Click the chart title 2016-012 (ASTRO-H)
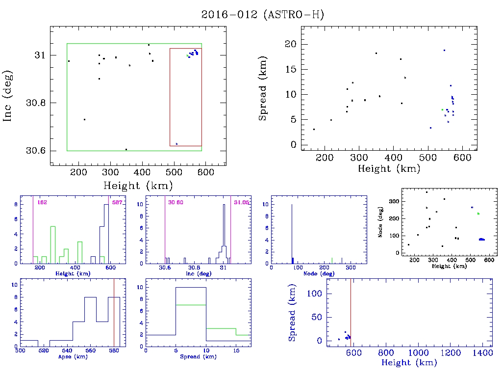pos(263,15)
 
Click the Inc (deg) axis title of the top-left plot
pos(9,96)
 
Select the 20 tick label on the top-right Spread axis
pos(291,44)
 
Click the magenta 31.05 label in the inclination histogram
pos(242,202)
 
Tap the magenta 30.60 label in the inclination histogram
pos(176,202)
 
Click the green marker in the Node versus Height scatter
pos(478,214)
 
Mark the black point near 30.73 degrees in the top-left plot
pos(84,119)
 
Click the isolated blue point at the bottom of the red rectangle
pos(176,144)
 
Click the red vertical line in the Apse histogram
pos(114,314)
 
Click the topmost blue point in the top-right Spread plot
pos(444,50)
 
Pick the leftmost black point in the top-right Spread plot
pos(314,129)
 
